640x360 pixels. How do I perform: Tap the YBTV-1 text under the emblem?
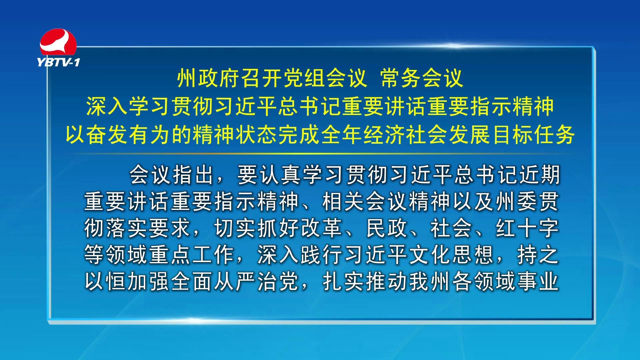click(59, 62)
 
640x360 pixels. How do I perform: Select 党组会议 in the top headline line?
click(304, 79)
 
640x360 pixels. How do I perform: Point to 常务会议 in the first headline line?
click(422, 79)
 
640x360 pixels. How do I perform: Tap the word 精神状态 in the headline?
click(236, 135)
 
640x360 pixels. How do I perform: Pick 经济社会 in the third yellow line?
click(406, 135)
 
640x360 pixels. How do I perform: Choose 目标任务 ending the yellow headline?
click(534, 135)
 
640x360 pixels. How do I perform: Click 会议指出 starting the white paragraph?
click(172, 175)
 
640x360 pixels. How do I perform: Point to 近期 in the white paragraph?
click(539, 175)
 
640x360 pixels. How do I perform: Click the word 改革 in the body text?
click(322, 228)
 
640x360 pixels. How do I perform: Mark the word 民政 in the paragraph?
click(387, 228)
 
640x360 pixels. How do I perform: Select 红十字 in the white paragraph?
click(527, 228)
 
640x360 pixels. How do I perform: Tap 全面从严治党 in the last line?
click(235, 281)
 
